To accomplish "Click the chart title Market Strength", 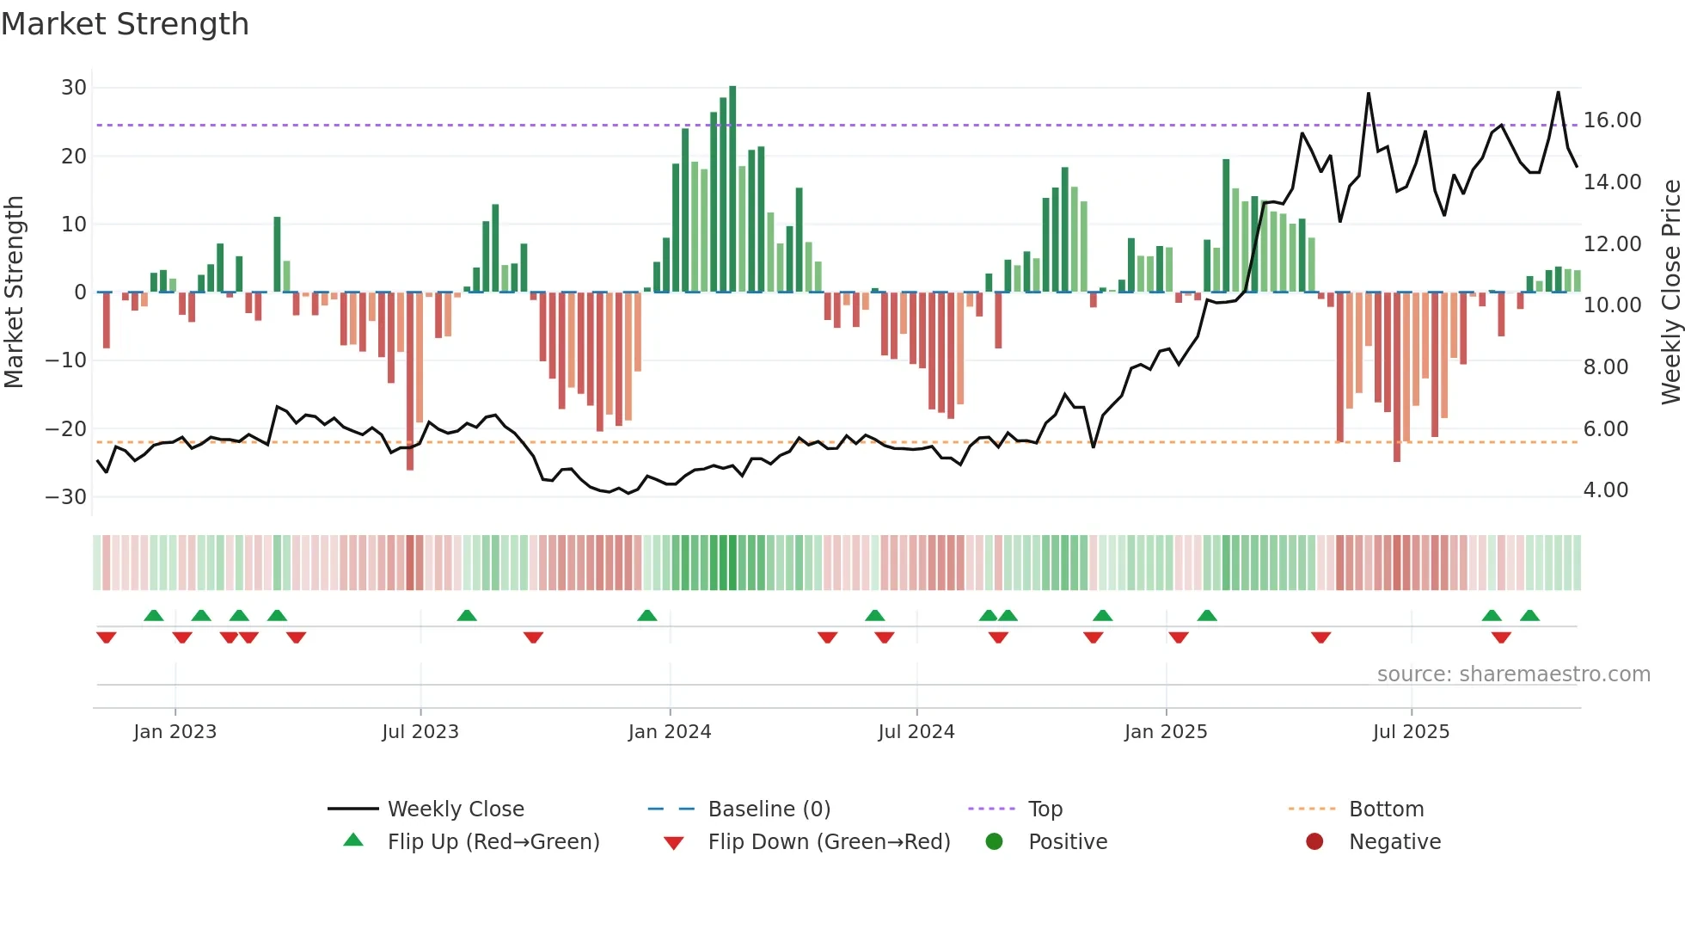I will (125, 24).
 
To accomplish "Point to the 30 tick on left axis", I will (74, 88).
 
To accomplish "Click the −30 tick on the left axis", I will (66, 497).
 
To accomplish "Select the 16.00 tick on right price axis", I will (1612, 120).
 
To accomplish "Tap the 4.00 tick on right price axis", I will (1606, 490).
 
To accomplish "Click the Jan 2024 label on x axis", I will (670, 732).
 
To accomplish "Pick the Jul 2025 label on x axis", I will (1411, 732).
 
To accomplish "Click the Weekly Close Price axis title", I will (1670, 292).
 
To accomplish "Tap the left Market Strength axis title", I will (14, 292).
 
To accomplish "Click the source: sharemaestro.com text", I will (1513, 674).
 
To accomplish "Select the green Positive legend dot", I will (995, 842).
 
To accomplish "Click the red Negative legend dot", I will (1314, 842).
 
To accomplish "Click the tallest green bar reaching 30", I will (732, 189).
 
